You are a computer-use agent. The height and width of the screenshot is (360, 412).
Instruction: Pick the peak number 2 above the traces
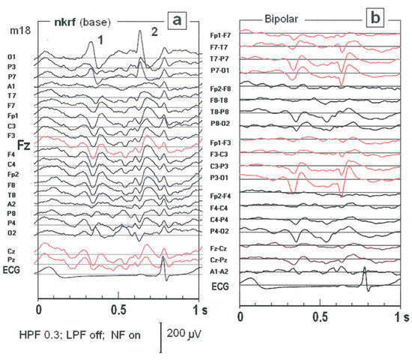[x=154, y=31]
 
